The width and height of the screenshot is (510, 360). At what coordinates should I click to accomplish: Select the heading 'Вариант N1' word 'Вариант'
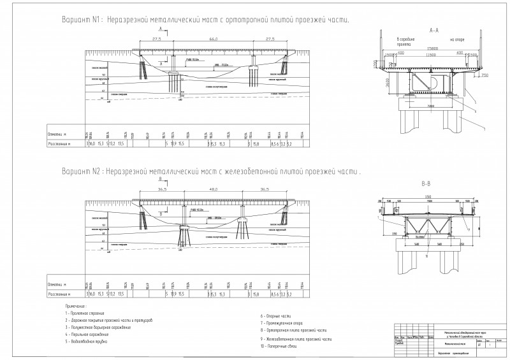(75, 20)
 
